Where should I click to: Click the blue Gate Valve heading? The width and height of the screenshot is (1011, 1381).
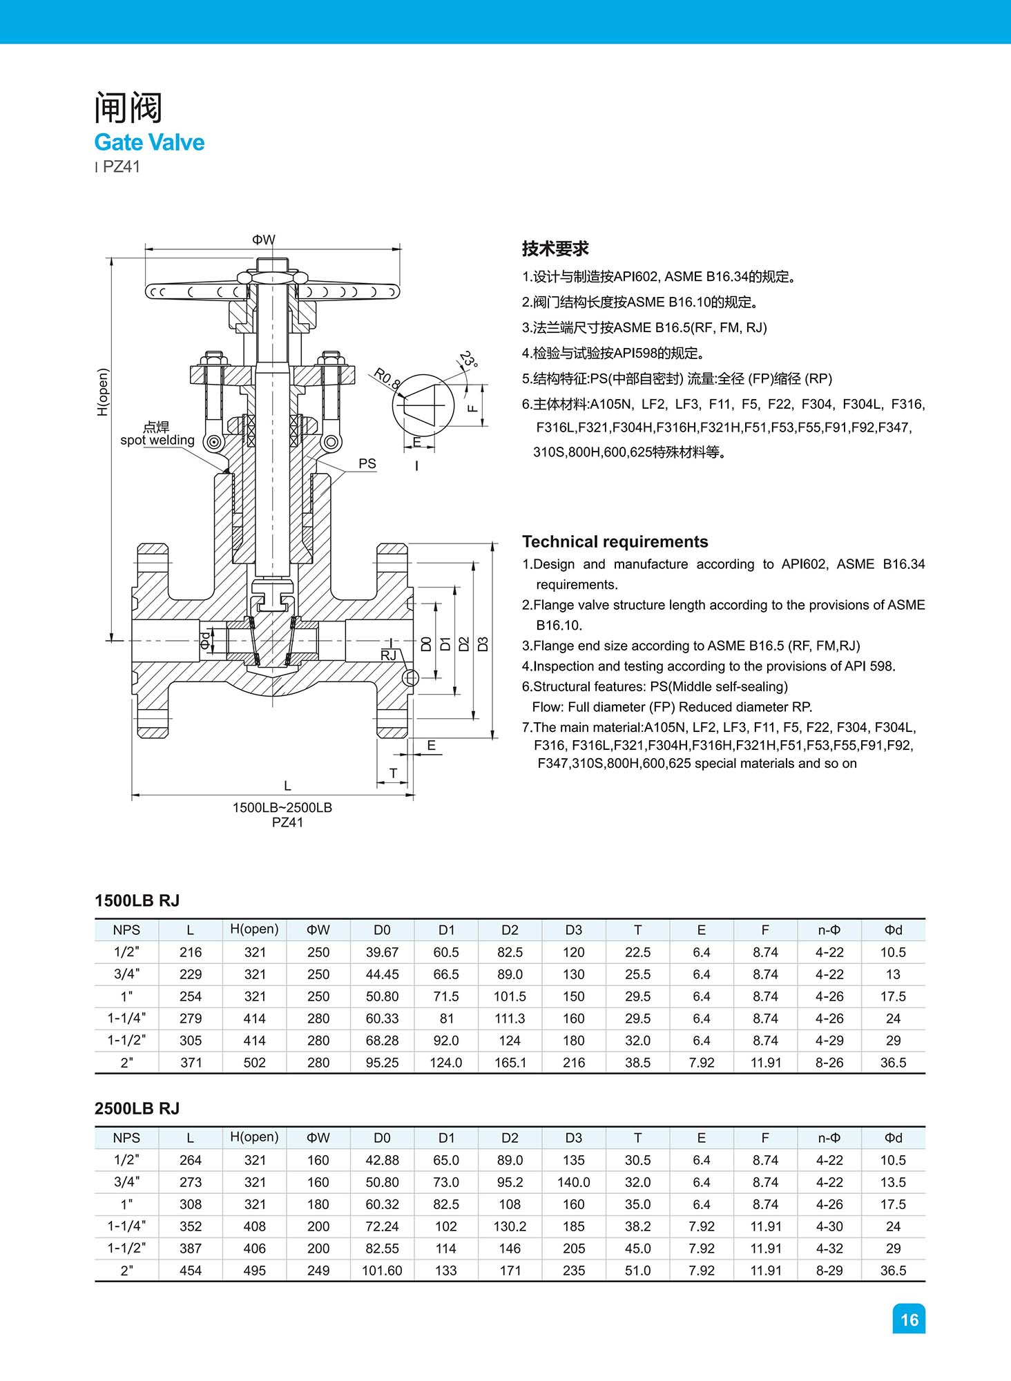pyautogui.click(x=149, y=142)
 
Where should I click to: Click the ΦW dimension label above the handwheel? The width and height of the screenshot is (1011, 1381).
pyautogui.click(x=263, y=240)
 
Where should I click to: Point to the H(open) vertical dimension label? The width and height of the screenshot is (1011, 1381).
pyautogui.click(x=103, y=392)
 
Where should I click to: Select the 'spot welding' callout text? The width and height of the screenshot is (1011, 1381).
pyautogui.click(x=157, y=440)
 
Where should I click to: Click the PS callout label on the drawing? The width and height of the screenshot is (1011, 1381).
pyautogui.click(x=367, y=463)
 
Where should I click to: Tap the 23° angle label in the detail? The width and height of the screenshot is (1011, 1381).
pyautogui.click(x=468, y=360)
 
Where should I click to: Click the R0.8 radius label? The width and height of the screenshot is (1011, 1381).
pyautogui.click(x=387, y=378)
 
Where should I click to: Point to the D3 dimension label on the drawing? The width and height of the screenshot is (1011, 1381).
pyautogui.click(x=483, y=644)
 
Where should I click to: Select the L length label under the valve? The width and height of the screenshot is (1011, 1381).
pyautogui.click(x=287, y=786)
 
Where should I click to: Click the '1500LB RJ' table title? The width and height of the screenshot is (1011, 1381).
pyautogui.click(x=137, y=900)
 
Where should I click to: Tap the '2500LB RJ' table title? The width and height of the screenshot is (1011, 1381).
pyautogui.click(x=137, y=1108)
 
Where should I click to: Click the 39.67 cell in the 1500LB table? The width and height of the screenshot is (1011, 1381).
pyautogui.click(x=382, y=952)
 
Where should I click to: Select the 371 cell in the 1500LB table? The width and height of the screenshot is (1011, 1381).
pyautogui.click(x=191, y=1063)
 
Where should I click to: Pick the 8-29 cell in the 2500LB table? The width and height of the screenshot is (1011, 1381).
pyautogui.click(x=829, y=1271)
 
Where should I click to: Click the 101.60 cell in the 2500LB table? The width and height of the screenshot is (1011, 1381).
pyautogui.click(x=382, y=1271)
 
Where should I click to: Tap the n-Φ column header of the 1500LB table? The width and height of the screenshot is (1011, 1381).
pyautogui.click(x=829, y=930)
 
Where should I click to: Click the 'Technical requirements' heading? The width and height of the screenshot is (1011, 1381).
pyautogui.click(x=615, y=541)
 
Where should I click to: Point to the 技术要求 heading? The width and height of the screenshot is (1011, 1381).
pyautogui.click(x=555, y=249)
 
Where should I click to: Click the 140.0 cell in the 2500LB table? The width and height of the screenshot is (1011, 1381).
pyautogui.click(x=573, y=1182)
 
